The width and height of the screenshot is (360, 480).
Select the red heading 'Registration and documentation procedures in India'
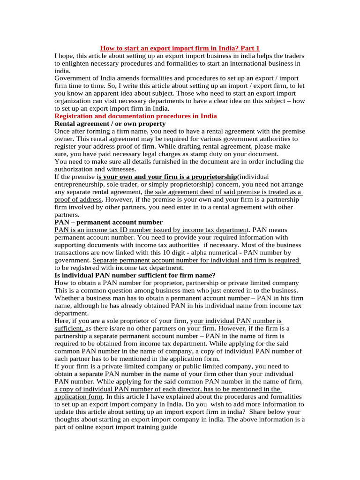coord(135,116)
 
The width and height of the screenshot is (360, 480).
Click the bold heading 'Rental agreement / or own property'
coord(110,123)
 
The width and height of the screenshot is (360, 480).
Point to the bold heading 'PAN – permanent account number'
coord(109,222)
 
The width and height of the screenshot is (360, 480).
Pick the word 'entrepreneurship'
coord(81,184)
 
